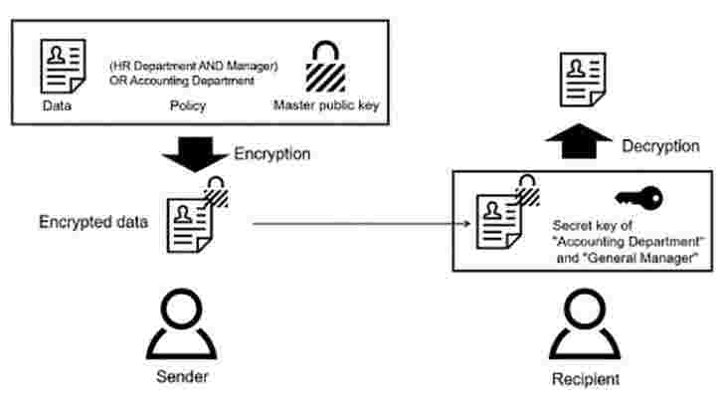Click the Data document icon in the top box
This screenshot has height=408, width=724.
point(59,66)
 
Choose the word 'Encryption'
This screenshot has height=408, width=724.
point(272,154)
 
